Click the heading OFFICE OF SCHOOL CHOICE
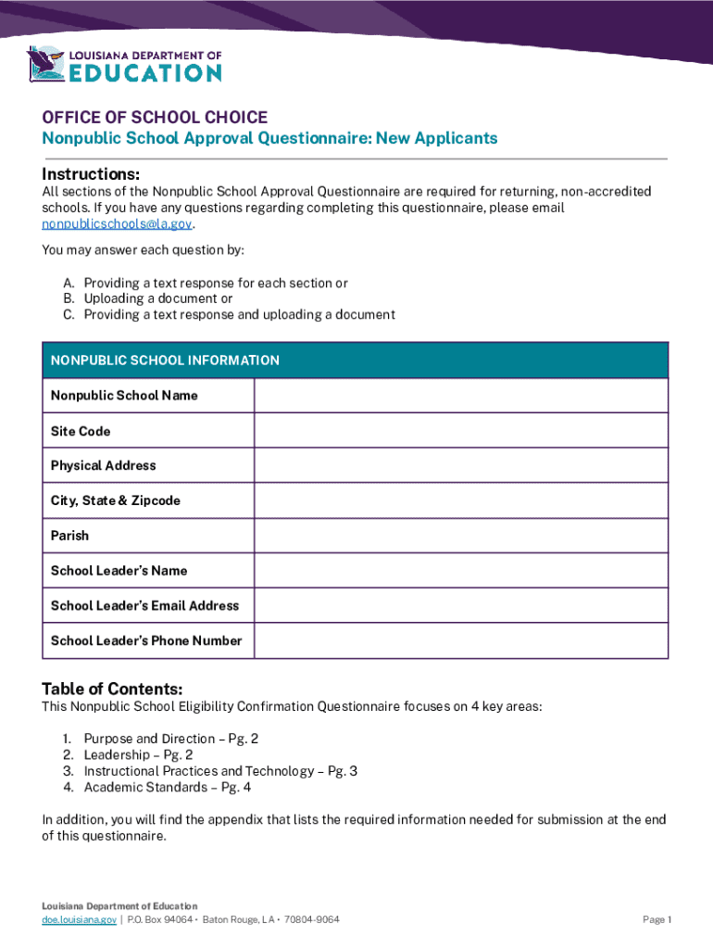point(155,118)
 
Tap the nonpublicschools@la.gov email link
point(118,224)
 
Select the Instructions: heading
point(91,175)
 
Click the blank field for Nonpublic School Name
point(460,396)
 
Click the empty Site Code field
point(460,431)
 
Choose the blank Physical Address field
point(460,465)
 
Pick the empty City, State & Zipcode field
point(460,500)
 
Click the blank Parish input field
point(460,536)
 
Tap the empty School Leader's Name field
point(460,571)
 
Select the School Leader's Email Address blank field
point(460,605)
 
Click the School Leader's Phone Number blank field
point(460,640)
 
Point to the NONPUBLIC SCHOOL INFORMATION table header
point(165,360)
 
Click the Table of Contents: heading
point(112,689)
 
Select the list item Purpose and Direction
point(171,739)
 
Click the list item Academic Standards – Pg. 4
point(167,787)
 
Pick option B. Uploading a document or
point(158,298)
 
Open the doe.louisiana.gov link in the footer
point(79,919)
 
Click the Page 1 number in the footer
point(656,919)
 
